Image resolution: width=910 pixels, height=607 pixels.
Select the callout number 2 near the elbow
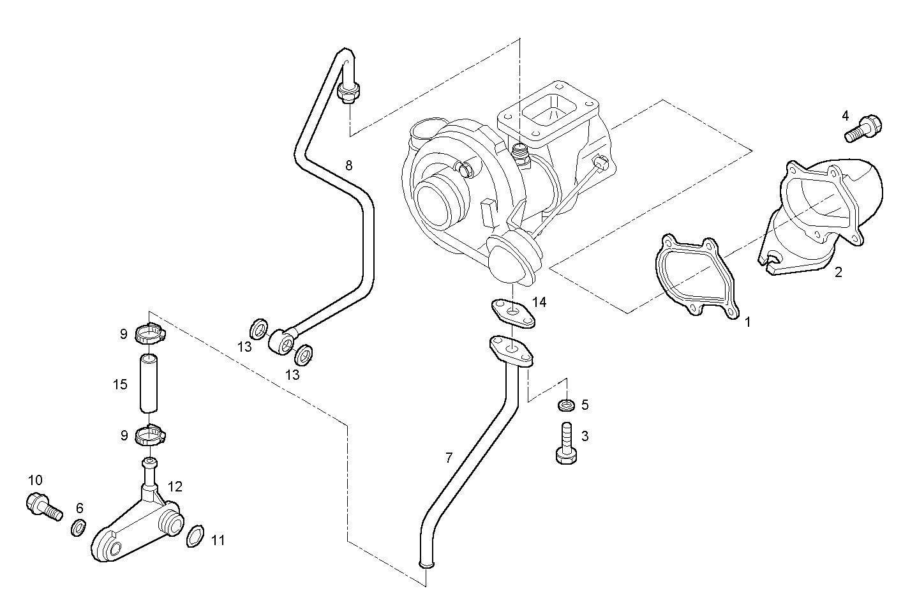click(x=838, y=273)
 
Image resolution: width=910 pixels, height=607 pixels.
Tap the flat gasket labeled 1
click(x=696, y=275)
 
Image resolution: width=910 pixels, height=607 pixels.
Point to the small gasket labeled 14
click(x=512, y=312)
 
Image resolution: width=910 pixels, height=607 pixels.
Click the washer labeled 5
click(x=565, y=405)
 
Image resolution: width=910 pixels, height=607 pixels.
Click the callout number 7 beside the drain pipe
click(x=449, y=457)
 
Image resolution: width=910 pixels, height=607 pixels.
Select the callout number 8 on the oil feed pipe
click(x=348, y=165)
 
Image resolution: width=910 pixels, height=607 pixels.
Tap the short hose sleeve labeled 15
click(x=148, y=384)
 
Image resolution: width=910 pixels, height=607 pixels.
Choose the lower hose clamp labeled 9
click(x=151, y=436)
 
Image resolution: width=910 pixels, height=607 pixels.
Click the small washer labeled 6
click(x=78, y=527)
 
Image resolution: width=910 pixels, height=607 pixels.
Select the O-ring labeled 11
click(x=195, y=536)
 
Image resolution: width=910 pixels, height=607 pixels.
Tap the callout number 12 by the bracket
click(x=175, y=487)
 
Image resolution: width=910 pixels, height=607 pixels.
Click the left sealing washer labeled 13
click(x=259, y=329)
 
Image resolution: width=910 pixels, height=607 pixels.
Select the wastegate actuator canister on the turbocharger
click(x=514, y=259)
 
